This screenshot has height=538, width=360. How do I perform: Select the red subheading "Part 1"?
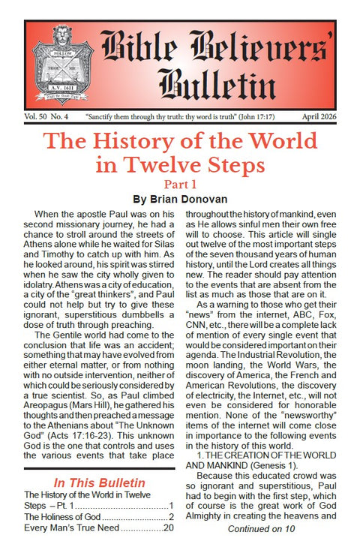180,185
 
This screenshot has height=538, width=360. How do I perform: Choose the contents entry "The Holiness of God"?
67,517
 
